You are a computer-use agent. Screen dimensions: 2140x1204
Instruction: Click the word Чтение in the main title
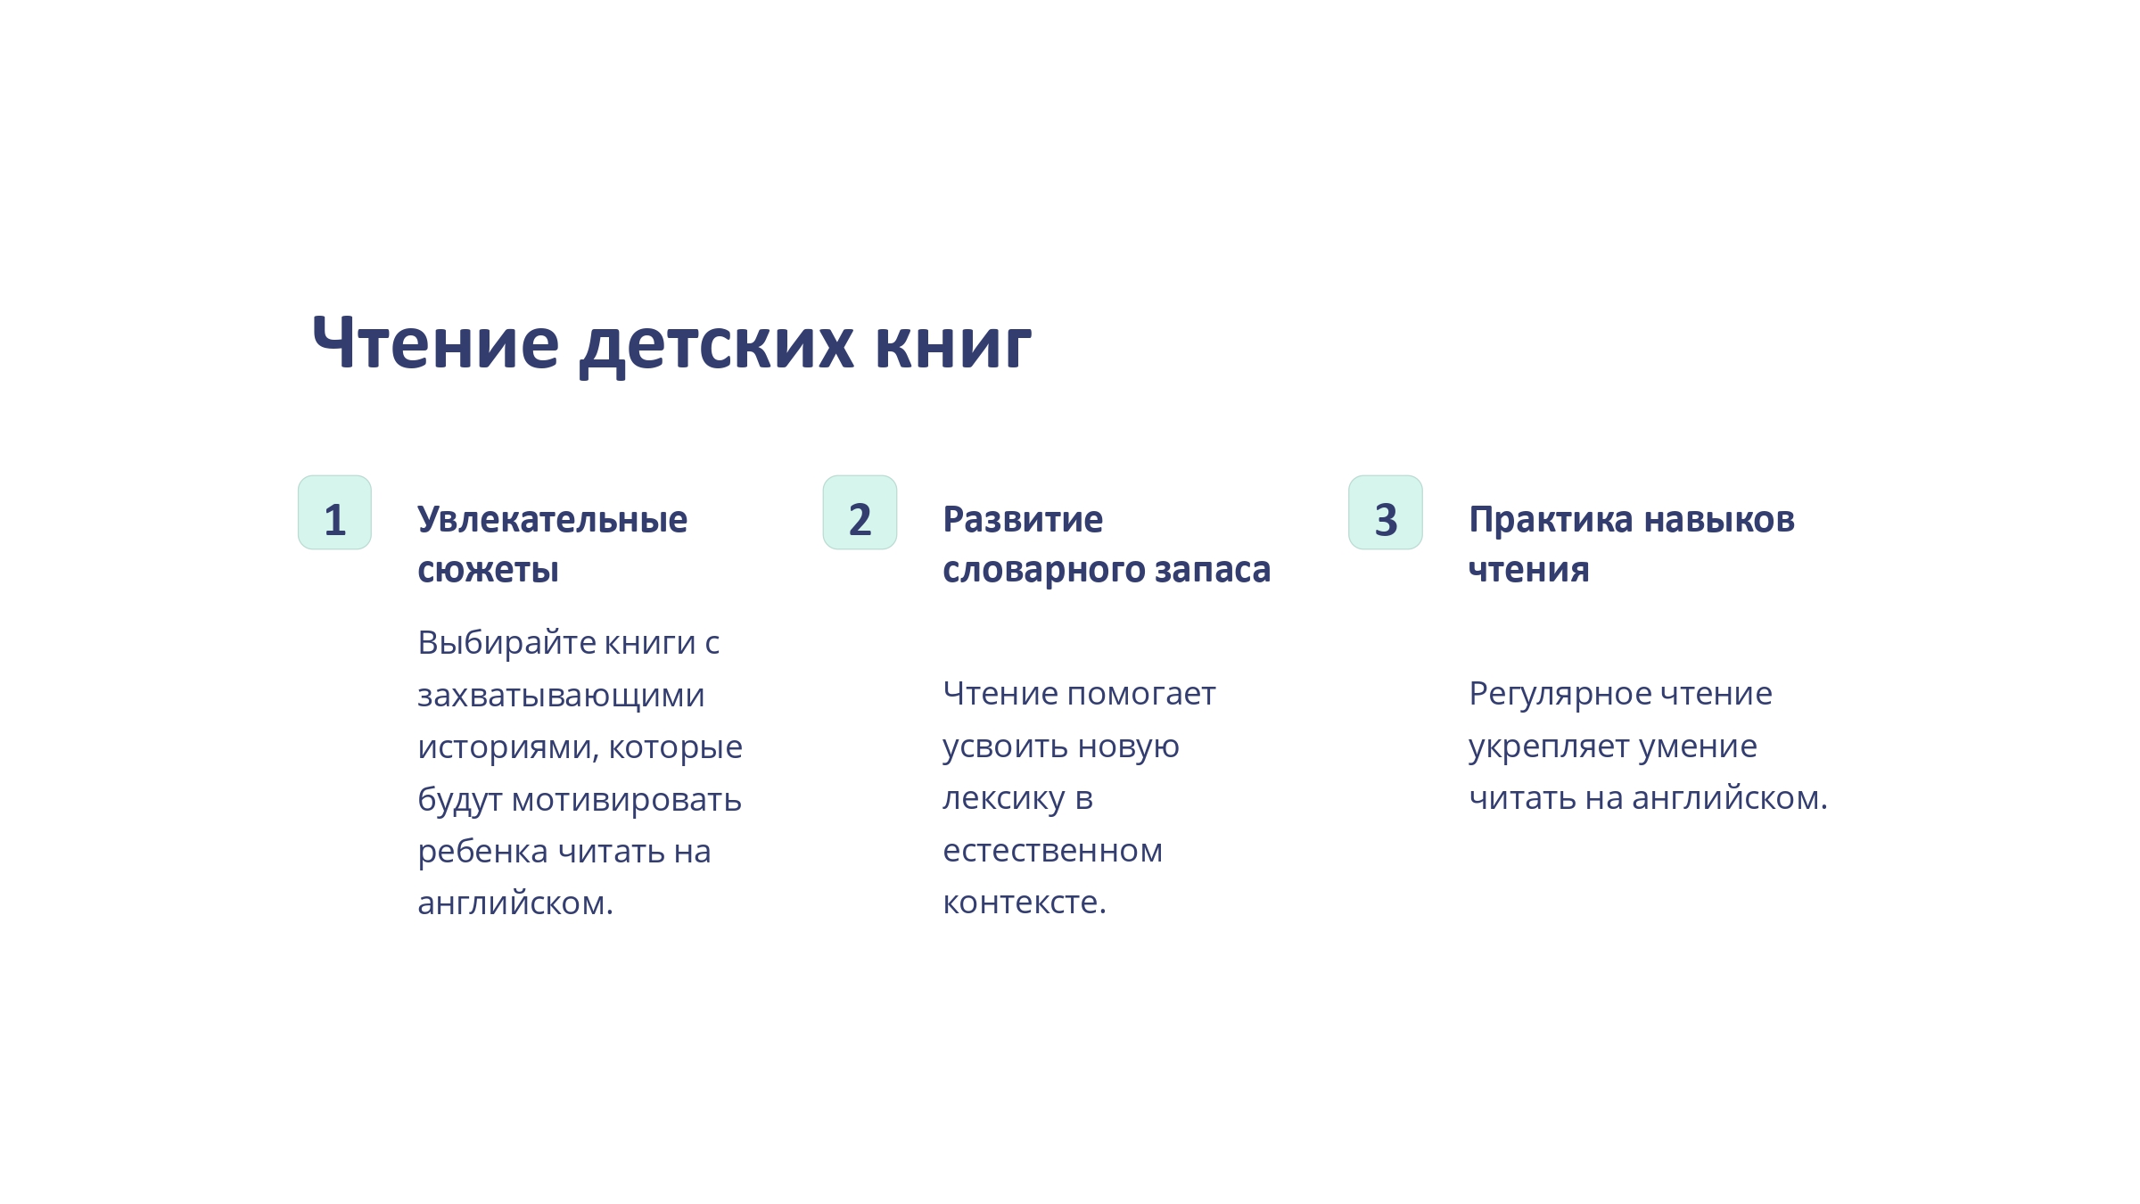436,342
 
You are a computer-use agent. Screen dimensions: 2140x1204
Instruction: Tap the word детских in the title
717,346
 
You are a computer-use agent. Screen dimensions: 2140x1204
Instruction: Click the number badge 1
334,513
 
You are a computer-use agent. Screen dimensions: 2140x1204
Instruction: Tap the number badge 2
860,513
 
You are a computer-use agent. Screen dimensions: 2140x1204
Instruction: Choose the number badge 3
1386,513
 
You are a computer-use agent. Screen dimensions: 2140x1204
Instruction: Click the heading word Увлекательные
553,519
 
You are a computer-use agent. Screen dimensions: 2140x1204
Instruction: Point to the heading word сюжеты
489,570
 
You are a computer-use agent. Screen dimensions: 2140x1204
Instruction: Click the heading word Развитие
1023,519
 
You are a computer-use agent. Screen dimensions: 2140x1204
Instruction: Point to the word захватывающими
561,696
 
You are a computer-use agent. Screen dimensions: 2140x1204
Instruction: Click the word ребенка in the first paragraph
482,852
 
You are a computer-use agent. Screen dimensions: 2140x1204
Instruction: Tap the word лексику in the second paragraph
1004,799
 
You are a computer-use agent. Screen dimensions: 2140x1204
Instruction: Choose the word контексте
1025,903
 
